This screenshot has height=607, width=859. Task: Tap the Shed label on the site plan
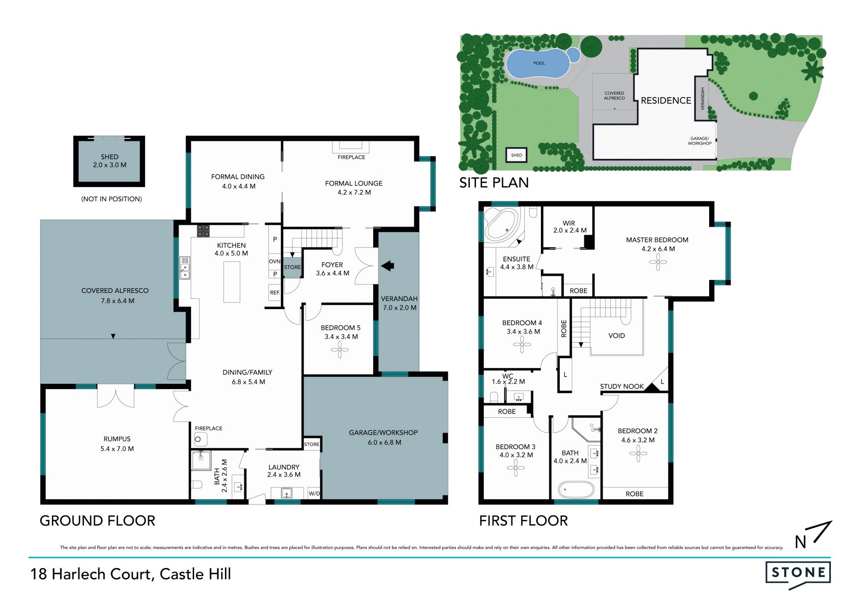[x=516, y=155]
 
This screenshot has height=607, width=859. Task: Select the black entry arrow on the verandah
[x=387, y=266]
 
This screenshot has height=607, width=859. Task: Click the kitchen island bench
[x=232, y=282]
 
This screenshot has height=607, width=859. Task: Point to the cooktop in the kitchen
[x=204, y=231]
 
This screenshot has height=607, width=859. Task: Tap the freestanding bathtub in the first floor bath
[x=576, y=490]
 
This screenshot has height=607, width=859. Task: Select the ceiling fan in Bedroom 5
[x=340, y=350]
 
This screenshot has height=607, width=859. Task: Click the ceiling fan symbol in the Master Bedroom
[x=658, y=262]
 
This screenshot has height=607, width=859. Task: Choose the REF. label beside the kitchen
[x=275, y=293]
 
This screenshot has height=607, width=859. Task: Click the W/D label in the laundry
[x=315, y=494]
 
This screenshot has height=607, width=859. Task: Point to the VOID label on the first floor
[x=617, y=335]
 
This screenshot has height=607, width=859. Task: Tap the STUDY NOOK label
[x=622, y=386]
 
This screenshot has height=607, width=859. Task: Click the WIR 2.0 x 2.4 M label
[x=569, y=227]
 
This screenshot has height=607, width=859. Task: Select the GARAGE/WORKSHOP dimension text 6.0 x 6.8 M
[x=385, y=442]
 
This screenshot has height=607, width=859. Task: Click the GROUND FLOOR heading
[x=98, y=521]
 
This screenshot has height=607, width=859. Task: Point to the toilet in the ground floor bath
[x=197, y=485]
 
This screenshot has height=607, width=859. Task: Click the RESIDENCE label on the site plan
[x=666, y=101]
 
